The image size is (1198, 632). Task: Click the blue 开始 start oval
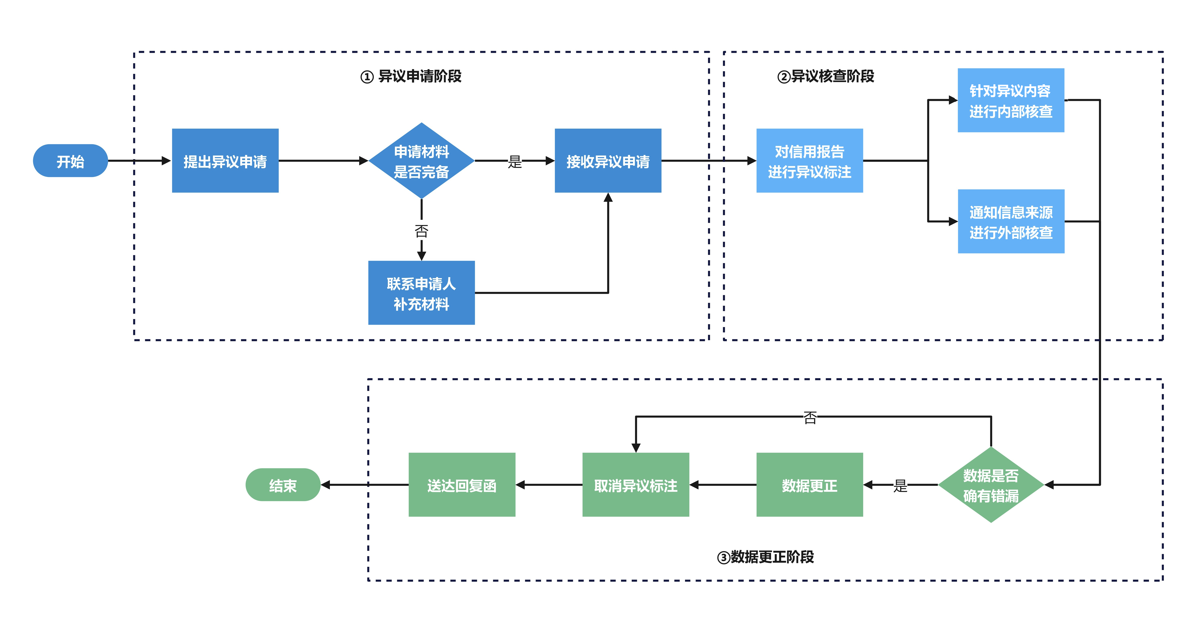coord(70,161)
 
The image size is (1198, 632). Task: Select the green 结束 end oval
coord(283,485)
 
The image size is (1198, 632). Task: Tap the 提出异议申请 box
coord(225,161)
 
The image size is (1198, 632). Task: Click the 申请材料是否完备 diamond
coord(421,161)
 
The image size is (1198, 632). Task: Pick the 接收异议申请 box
coord(608,161)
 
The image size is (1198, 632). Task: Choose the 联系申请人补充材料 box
coord(421,293)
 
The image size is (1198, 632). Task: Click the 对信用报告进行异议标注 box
coord(810,161)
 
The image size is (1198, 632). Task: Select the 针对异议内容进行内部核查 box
coord(1011,100)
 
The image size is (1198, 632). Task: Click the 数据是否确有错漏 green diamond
coord(991,485)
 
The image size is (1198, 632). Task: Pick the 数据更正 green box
coord(810,485)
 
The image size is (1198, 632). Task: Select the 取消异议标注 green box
coord(636,485)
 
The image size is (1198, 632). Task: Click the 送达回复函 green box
coord(462,485)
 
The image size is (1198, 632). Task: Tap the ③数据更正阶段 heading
coord(766,557)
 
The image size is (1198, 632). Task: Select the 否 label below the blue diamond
coord(421,231)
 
